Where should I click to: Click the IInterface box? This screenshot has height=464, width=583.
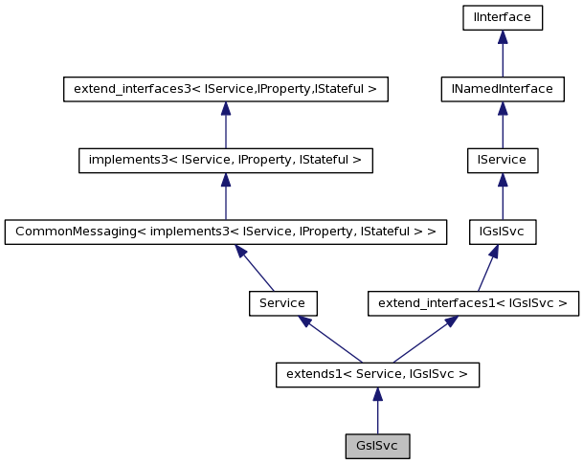(502, 17)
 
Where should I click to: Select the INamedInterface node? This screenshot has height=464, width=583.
(502, 89)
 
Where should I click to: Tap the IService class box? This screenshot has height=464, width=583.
(502, 160)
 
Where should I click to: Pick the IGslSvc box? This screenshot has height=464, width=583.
(502, 232)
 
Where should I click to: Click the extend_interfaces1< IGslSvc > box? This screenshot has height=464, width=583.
(473, 303)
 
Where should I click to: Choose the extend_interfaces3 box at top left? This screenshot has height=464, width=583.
(225, 89)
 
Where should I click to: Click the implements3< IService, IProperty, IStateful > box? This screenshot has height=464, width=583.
(225, 160)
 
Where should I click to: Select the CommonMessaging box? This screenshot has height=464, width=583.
(225, 232)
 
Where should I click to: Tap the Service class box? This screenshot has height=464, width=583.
(282, 303)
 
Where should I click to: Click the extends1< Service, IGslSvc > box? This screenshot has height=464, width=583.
(377, 374)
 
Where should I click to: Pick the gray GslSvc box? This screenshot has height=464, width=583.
(377, 446)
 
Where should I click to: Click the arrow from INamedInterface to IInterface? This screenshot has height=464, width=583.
(502, 54)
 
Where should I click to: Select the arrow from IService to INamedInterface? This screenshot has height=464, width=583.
(502, 124)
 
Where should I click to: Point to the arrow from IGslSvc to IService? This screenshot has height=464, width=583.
(502, 196)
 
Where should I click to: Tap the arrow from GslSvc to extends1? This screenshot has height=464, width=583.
(377, 410)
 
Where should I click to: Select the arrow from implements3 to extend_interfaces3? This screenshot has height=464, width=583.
(225, 124)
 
